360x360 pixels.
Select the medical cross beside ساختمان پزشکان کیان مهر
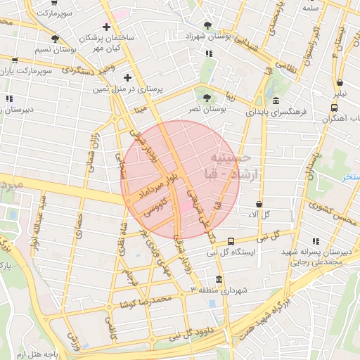click(x=107, y=27)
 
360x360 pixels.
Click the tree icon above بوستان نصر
click(x=207, y=98)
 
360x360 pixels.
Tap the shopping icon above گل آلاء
click(x=259, y=203)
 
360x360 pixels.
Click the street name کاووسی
click(x=156, y=208)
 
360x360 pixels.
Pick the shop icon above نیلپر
click(x=340, y=82)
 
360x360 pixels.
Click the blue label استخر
click(x=350, y=178)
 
